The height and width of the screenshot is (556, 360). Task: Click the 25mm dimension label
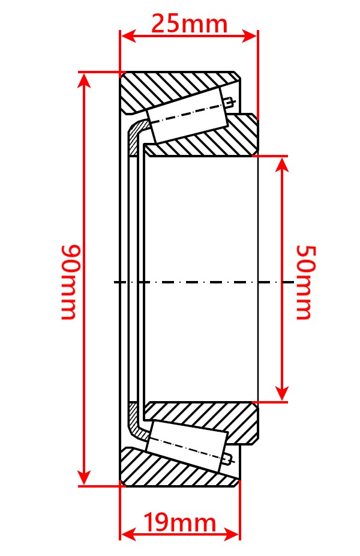click(189, 24)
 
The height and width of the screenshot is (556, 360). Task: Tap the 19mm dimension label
click(179, 522)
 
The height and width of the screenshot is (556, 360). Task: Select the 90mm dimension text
click(68, 282)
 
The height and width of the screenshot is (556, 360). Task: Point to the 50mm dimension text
click(305, 282)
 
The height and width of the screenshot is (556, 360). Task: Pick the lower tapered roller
click(187, 444)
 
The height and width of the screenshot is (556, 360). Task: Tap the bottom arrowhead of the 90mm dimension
click(85, 477)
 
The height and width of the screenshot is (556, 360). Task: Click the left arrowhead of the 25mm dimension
click(128, 36)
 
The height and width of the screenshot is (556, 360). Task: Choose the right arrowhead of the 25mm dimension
click(249, 36)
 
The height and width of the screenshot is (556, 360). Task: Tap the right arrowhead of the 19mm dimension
click(232, 534)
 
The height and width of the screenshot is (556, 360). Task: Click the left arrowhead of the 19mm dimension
click(129, 534)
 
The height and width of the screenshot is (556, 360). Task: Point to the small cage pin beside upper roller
click(230, 103)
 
